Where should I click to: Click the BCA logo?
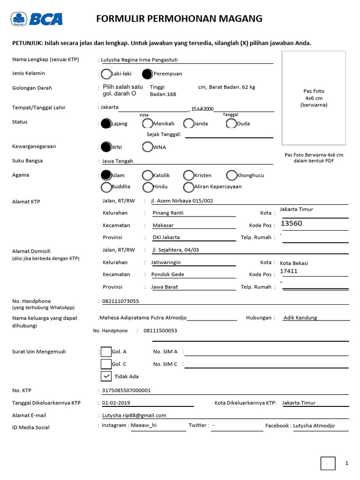(37, 19)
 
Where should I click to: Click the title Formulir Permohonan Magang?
(179, 19)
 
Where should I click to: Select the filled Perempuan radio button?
(147, 74)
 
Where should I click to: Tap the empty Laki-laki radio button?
(106, 74)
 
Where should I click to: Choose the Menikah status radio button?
(147, 124)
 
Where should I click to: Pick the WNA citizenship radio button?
(147, 147)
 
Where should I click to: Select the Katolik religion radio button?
(147, 175)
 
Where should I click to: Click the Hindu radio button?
(147, 187)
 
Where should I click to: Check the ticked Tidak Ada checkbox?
(106, 376)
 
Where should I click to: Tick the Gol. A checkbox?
(106, 352)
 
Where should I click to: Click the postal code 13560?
(291, 224)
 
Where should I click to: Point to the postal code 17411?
(289, 271)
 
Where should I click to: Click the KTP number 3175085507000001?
(126, 390)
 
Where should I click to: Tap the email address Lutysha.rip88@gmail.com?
(134, 415)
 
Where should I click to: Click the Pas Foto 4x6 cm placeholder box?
(314, 98)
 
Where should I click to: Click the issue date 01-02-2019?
(116, 403)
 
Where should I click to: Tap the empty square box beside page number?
(328, 463)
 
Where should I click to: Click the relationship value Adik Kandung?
(300, 318)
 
